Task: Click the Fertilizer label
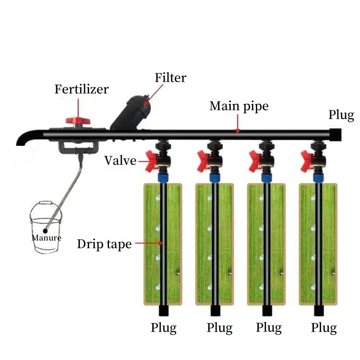click(x=81, y=89)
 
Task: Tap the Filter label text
click(x=170, y=78)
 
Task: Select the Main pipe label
click(x=239, y=106)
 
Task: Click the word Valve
click(x=120, y=160)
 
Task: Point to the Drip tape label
click(x=104, y=244)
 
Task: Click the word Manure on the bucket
click(x=46, y=238)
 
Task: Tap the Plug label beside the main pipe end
click(x=341, y=115)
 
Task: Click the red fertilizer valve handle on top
click(x=75, y=120)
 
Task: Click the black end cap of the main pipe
click(x=335, y=134)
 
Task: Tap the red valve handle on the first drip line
click(x=150, y=160)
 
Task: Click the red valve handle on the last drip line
click(x=306, y=160)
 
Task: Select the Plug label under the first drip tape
click(x=164, y=328)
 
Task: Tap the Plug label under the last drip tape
click(x=324, y=328)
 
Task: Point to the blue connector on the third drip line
click(x=265, y=177)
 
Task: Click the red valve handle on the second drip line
click(x=203, y=160)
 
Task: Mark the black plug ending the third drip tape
click(x=266, y=311)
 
